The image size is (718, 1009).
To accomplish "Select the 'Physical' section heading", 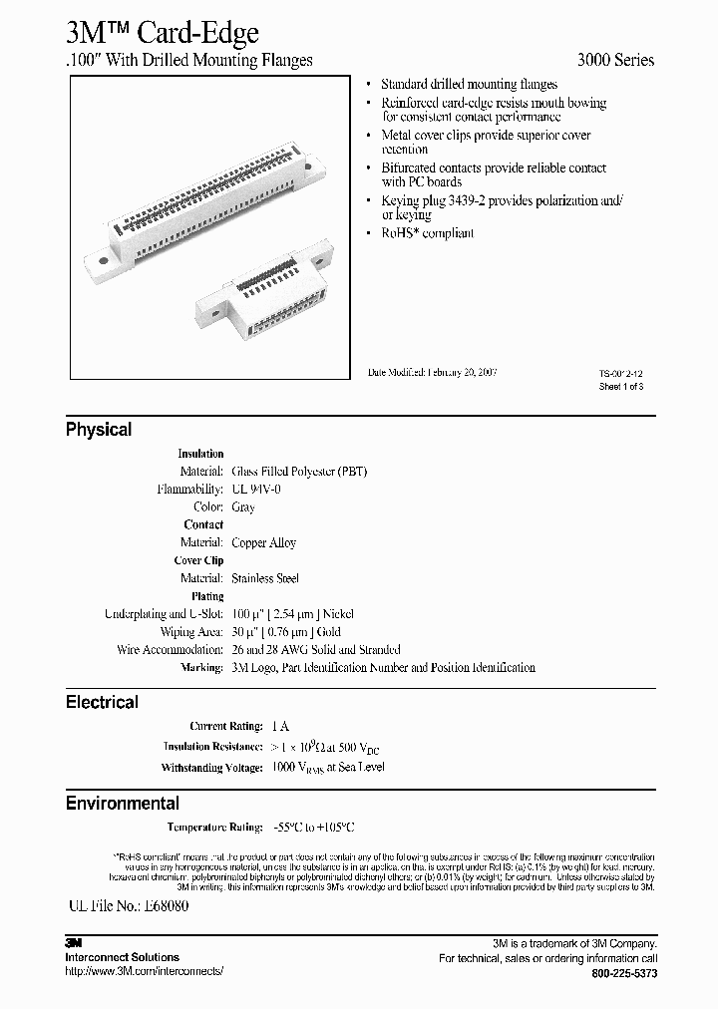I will coord(99,430).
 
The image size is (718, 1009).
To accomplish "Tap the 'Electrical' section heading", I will coord(102,702).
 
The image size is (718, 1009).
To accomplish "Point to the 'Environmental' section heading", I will coord(123,803).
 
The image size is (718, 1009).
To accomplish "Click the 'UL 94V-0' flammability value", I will coord(257,490).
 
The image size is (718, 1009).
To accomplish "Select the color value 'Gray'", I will coord(243,507).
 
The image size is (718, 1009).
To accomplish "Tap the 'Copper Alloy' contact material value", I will coord(264,543).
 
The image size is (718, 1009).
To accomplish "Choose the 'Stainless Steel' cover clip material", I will coord(265,578).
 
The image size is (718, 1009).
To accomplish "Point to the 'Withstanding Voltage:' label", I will coord(212,768).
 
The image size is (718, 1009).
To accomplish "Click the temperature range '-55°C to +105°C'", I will coord(313,828).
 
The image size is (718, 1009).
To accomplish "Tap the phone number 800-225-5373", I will coord(623,973).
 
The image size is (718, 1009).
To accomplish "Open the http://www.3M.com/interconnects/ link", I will coord(145,970).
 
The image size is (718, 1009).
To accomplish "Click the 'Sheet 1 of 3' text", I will coord(620,386).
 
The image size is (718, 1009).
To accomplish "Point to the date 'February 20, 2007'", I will coord(462,372).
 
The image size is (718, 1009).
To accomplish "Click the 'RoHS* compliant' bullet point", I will coord(427,233).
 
